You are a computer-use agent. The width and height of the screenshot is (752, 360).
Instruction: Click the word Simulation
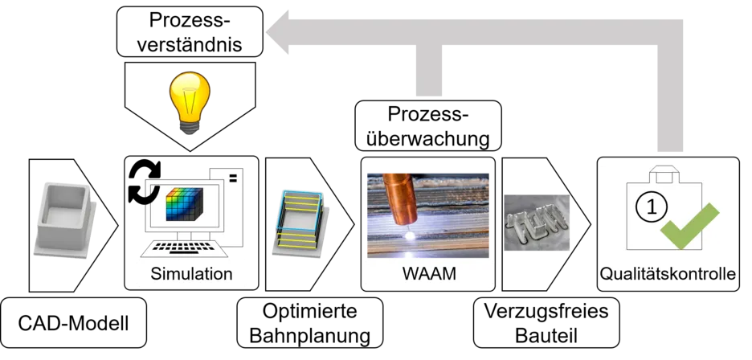coord(191,274)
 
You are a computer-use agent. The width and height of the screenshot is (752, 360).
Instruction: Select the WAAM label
coord(428,274)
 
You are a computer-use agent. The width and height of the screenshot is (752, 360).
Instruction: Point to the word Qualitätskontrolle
coord(668,275)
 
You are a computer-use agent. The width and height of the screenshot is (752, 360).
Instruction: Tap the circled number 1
coord(652,207)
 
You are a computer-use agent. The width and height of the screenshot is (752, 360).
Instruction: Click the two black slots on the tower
coord(232,179)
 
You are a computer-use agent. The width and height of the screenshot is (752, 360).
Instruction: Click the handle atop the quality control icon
coord(664,172)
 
